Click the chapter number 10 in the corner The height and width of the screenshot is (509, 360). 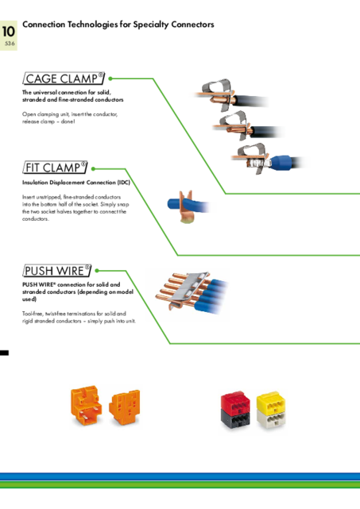click(9, 32)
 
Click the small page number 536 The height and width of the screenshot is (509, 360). click(10, 44)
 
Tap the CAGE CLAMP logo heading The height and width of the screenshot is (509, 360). click(64, 79)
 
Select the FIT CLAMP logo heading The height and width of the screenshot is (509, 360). click(55, 168)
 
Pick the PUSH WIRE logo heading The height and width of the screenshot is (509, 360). click(57, 271)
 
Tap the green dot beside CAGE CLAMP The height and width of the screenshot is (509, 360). click(110, 79)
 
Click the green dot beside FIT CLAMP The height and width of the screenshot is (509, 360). click(93, 169)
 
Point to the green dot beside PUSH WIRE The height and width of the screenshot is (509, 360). click(97, 271)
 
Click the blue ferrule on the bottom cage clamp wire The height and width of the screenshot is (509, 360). click(280, 161)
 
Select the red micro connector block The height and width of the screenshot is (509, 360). click(235, 401)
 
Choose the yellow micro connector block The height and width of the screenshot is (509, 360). click(271, 401)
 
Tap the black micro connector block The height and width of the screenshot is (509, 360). click(235, 418)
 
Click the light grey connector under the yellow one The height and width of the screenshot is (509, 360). click(271, 418)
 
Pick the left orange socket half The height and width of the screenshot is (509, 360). click(86, 406)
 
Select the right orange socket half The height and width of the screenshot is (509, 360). click(125, 407)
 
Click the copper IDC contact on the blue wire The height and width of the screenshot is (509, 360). click(186, 207)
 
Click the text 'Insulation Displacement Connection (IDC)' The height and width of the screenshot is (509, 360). click(76, 183)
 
